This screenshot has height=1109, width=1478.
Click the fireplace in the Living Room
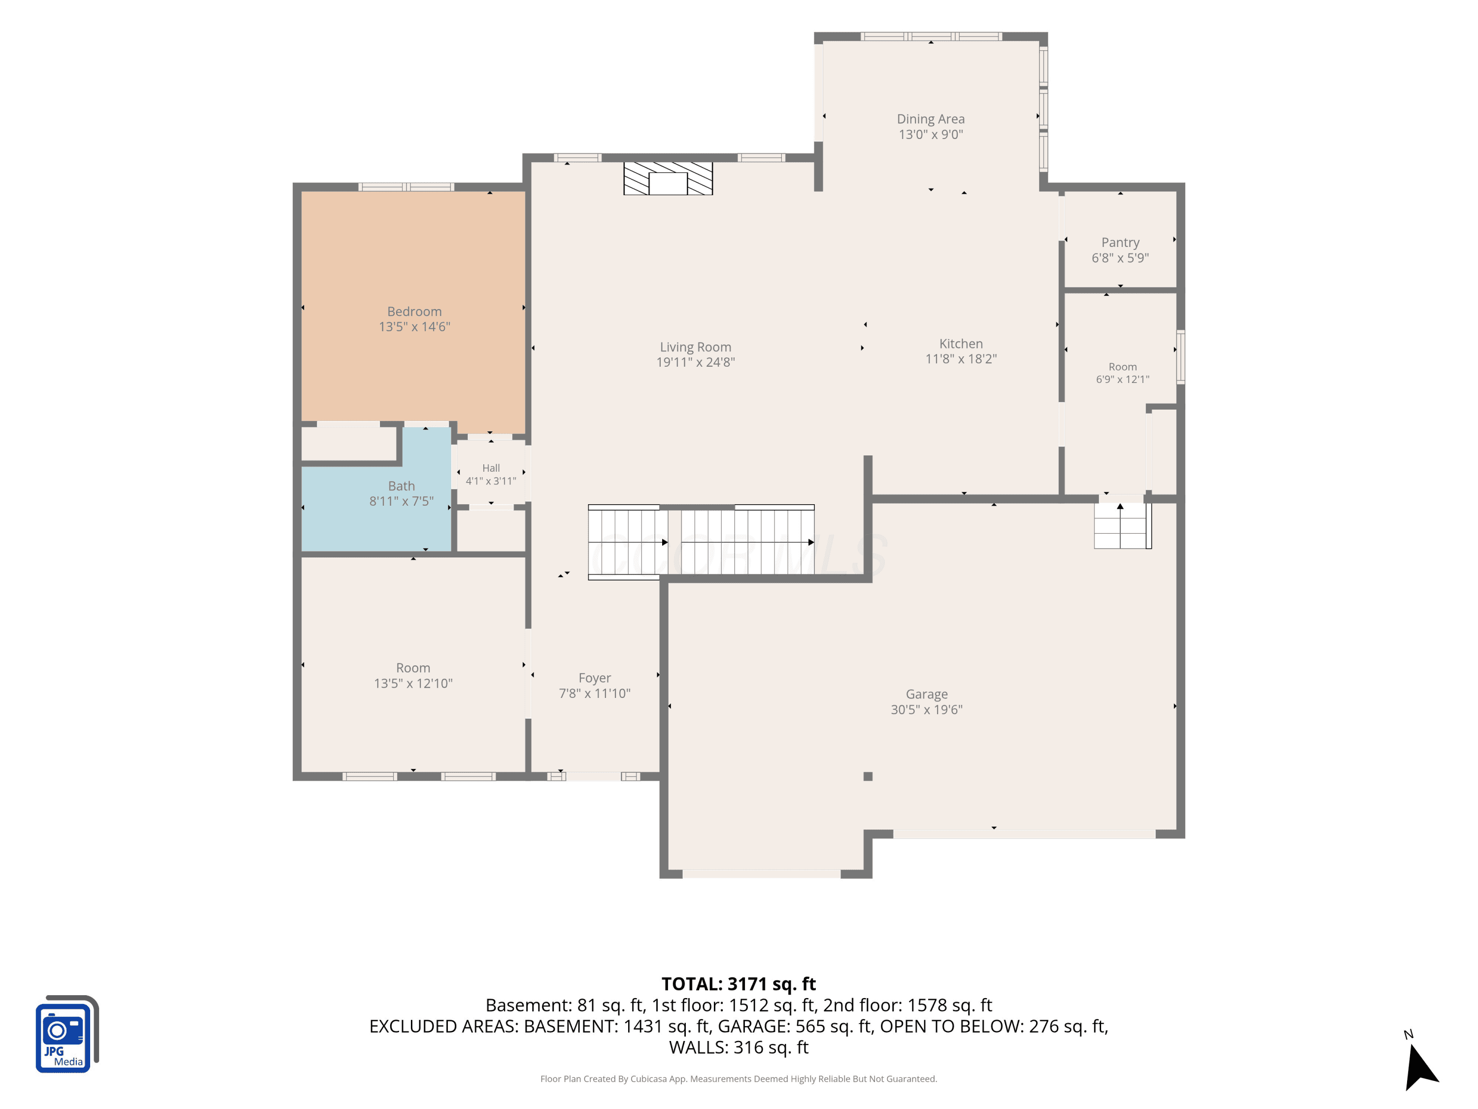668,178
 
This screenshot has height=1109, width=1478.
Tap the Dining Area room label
931,119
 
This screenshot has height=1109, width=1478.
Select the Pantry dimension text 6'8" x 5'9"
1120,258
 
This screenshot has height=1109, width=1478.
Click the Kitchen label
961,344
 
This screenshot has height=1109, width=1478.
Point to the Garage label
927,694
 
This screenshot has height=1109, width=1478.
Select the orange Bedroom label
414,312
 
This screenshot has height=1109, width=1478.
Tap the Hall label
491,468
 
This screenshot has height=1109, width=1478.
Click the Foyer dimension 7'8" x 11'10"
595,693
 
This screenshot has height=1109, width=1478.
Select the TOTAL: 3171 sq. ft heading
739,984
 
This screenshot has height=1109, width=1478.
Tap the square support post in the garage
868,776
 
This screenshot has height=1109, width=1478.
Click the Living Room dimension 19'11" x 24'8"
696,362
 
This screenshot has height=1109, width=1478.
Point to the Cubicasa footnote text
739,1078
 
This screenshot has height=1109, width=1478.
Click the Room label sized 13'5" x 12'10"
413,668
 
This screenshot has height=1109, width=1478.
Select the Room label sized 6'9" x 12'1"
1122,367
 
